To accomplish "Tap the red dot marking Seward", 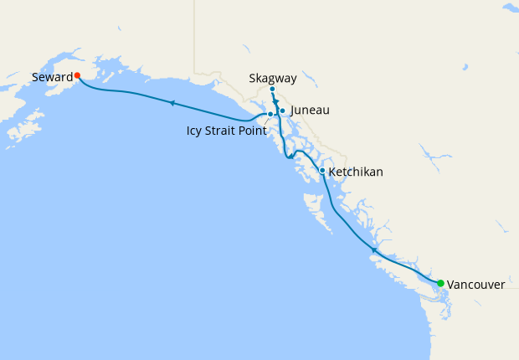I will click(77, 75).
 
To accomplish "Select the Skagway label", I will click(273, 79).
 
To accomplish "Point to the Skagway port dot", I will click(273, 89).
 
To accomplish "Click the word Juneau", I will click(309, 110).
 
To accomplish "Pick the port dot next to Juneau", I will click(282, 111).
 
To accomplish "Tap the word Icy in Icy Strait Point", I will click(195, 131).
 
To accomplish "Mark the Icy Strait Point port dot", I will click(270, 114).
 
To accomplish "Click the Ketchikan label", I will click(356, 172).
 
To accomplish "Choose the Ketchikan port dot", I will click(322, 171).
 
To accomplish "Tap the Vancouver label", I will click(475, 285).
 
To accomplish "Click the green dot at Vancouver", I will click(440, 283).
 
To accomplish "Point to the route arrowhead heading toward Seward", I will click(171, 103).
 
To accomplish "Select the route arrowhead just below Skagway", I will click(275, 101).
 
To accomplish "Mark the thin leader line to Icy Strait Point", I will click(265, 122).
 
